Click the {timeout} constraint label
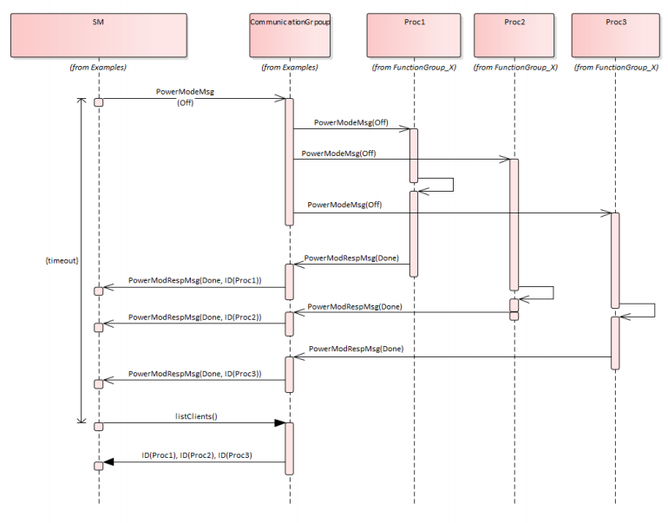pyautogui.click(x=60, y=260)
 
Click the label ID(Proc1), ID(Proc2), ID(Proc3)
pyautogui.click(x=197, y=454)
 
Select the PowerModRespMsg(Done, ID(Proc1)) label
pyautogui.click(x=194, y=281)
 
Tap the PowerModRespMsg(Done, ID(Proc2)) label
pyautogui.click(x=194, y=317)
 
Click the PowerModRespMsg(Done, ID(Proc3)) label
pyautogui.click(x=194, y=373)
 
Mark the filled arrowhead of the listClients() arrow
pyautogui.click(x=278, y=423)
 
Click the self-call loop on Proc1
pyautogui.click(x=442, y=184)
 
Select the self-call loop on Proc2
pyautogui.click(x=542, y=292)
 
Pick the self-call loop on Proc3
pyautogui.click(x=643, y=311)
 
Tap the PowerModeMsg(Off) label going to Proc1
pyautogui.click(x=350, y=123)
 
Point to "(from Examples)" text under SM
pyautogui.click(x=99, y=68)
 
